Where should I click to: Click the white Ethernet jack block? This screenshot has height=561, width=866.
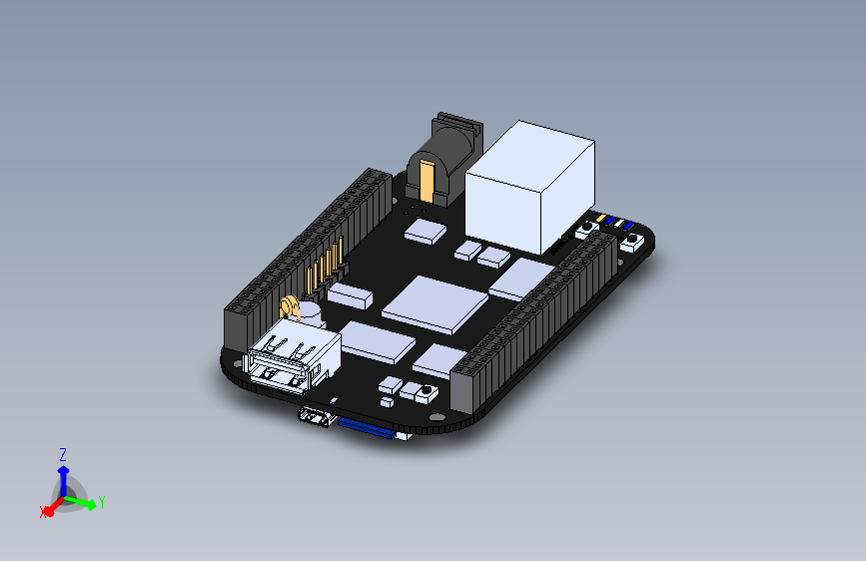pos(529,185)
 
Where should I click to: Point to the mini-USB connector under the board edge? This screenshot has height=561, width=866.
pos(317,417)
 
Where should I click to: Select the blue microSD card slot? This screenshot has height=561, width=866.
pos(372,428)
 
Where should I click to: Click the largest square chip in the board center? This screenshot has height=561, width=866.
pos(435,303)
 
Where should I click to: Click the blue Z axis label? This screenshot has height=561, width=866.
pos(63,454)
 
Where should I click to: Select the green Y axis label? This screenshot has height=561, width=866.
pos(102,502)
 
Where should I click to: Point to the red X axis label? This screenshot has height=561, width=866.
pos(43,512)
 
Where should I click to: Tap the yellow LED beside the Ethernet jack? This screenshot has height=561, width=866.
pos(601,217)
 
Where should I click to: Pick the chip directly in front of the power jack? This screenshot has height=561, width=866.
pos(426,231)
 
